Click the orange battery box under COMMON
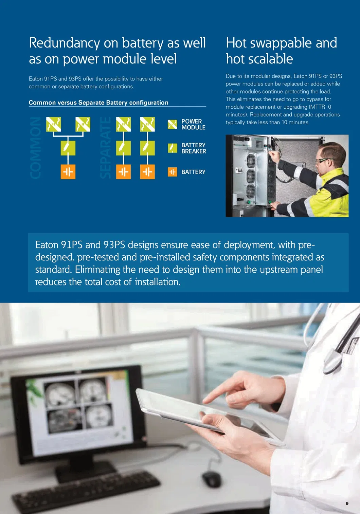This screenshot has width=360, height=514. tap(68, 172)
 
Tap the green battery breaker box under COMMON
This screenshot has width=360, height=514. tap(68, 148)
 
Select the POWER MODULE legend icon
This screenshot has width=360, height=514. tap(173, 124)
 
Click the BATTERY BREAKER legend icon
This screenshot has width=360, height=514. tap(173, 148)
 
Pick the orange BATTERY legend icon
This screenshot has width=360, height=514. tap(173, 172)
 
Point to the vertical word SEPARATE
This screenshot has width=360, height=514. tap(106, 148)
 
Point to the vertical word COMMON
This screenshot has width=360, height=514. tap(35, 148)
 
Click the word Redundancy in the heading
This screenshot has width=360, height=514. tap(65, 43)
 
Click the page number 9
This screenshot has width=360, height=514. tap(347, 503)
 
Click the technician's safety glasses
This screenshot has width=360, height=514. tap(323, 160)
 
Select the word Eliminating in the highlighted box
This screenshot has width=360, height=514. tap(97, 269)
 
